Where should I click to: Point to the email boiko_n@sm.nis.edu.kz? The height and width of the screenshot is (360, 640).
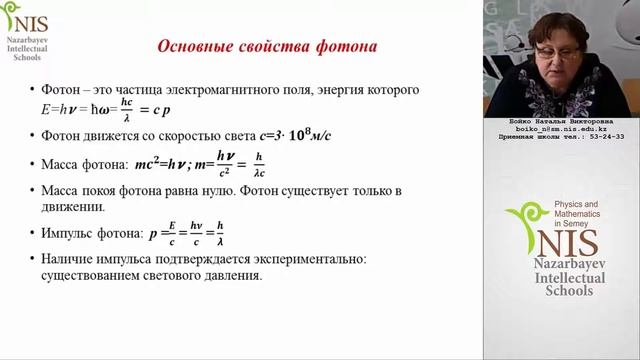click(565, 129)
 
